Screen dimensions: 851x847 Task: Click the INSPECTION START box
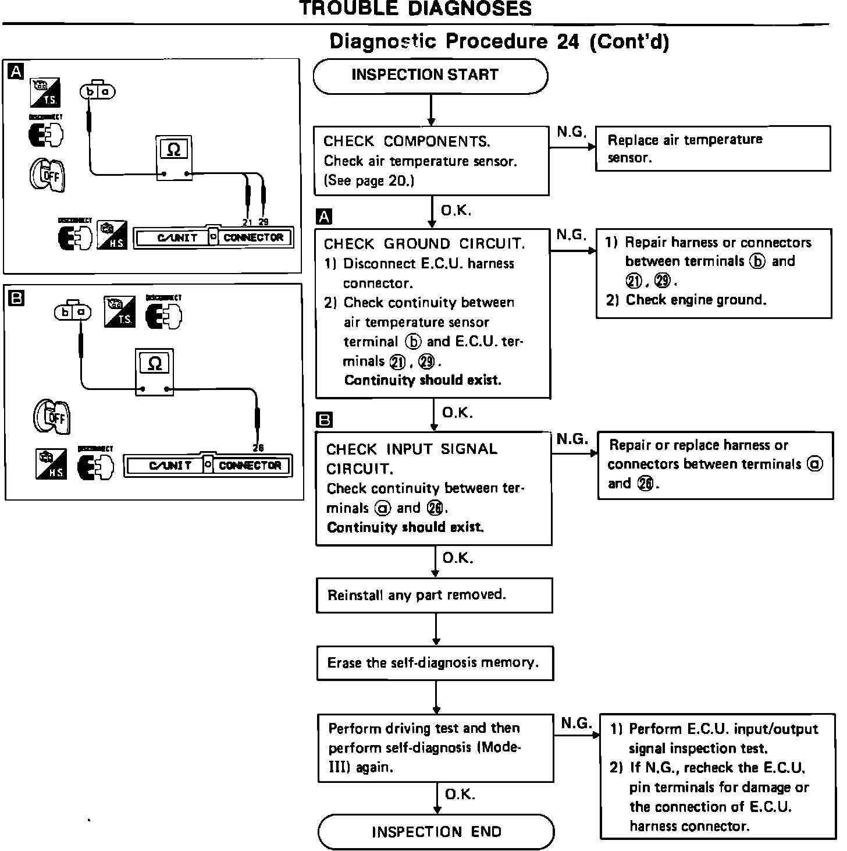[x=430, y=76]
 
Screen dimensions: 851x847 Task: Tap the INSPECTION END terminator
[x=436, y=831]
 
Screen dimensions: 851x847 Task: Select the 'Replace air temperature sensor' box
[x=713, y=148]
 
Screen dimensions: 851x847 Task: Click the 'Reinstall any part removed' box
[x=434, y=595]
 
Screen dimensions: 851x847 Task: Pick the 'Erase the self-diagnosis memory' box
[x=435, y=662]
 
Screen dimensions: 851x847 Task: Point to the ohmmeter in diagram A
[x=174, y=158]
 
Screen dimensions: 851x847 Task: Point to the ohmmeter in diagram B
[x=154, y=372]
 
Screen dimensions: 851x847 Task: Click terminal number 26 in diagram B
[x=258, y=448]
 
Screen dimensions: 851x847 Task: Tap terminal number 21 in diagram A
[x=247, y=222]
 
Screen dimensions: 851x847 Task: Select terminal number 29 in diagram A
[x=264, y=222]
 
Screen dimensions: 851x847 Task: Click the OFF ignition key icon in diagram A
[x=47, y=175]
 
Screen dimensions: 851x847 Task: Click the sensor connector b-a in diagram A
[x=97, y=91]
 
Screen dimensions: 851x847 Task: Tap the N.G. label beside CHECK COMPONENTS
[x=571, y=132]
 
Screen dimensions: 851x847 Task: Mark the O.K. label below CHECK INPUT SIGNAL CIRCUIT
[x=458, y=558]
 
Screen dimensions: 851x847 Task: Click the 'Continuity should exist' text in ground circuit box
[x=422, y=380]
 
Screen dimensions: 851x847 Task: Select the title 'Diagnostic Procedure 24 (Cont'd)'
[x=499, y=42]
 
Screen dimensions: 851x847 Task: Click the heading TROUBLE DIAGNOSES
[x=415, y=9]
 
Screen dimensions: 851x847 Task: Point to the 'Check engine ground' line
[x=695, y=300]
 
